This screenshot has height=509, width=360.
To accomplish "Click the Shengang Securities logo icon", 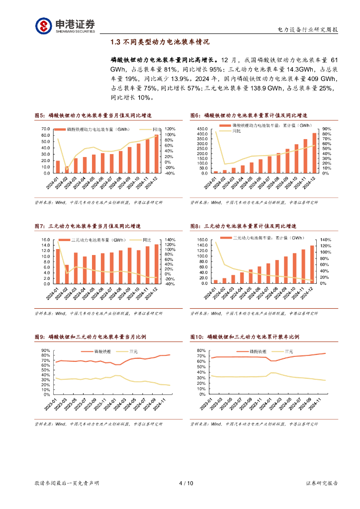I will click(x=43, y=25).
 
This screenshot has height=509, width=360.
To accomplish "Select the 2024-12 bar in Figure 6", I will click(x=314, y=153).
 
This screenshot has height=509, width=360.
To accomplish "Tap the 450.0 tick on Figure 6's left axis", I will click(x=201, y=128).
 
